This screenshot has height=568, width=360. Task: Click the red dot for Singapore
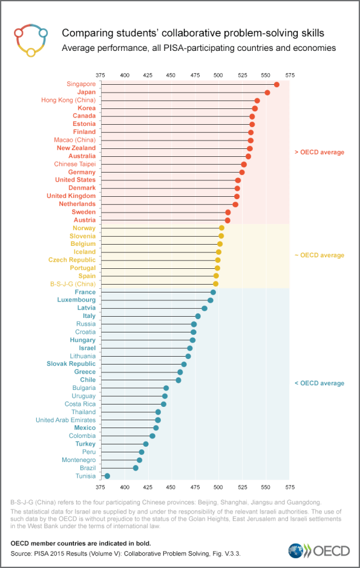point(277,84)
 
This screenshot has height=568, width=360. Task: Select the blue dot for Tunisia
point(107,476)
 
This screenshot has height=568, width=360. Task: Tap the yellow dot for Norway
point(221,228)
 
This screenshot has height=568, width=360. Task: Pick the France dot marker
point(213,292)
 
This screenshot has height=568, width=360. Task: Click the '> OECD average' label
point(319,152)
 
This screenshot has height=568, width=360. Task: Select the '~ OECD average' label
point(319,256)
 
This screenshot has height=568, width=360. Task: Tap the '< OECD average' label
point(319,383)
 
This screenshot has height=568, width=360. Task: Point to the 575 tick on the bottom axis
point(290,486)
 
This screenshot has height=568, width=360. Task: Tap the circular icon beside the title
point(30,41)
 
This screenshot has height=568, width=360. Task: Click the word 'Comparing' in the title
point(87,33)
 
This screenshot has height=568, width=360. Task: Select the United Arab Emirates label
point(65,420)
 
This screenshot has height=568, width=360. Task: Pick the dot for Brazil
point(136,468)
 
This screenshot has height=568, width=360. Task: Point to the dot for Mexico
point(156,428)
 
